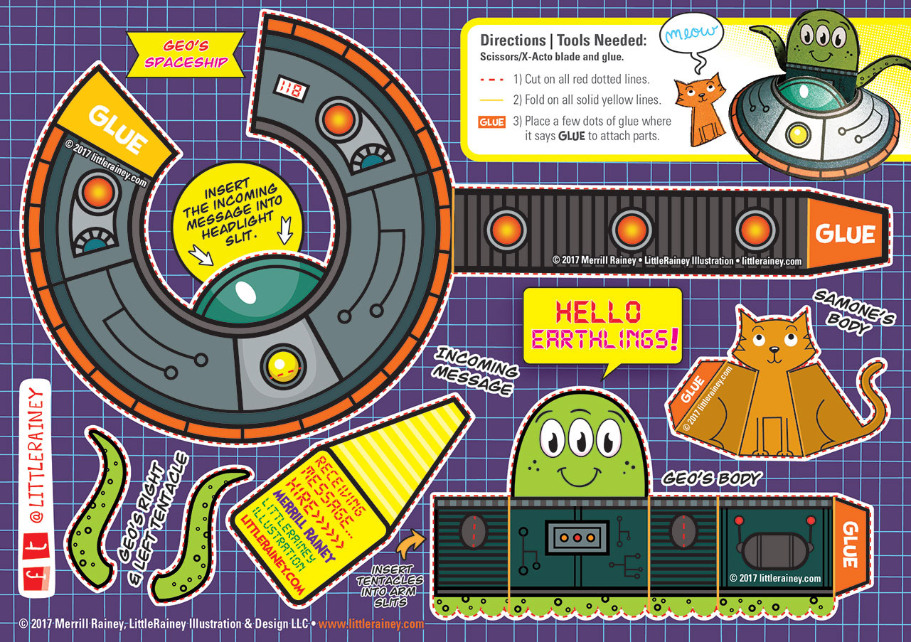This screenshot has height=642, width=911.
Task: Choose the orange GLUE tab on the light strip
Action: (846, 233)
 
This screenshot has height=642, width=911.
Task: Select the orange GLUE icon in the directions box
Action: (492, 122)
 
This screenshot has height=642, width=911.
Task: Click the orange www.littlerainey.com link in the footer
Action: (371, 624)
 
